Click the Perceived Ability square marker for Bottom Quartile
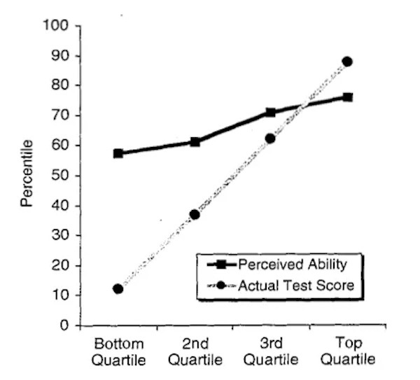tap(118, 153)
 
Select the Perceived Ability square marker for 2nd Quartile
tap(195, 141)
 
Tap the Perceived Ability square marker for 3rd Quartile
tap(270, 112)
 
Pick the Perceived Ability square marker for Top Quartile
tap(347, 97)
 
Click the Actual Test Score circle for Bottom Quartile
tap(118, 288)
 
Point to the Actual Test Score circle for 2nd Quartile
tap(195, 214)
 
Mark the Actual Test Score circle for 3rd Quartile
tap(270, 139)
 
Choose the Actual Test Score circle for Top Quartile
tap(347, 62)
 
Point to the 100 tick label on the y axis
tap(56, 26)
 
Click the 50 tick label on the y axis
tap(59, 176)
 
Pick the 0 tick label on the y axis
tap(64, 325)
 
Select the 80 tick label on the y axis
tap(59, 86)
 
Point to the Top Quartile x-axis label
tap(347, 351)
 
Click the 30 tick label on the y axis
tap(59, 236)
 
